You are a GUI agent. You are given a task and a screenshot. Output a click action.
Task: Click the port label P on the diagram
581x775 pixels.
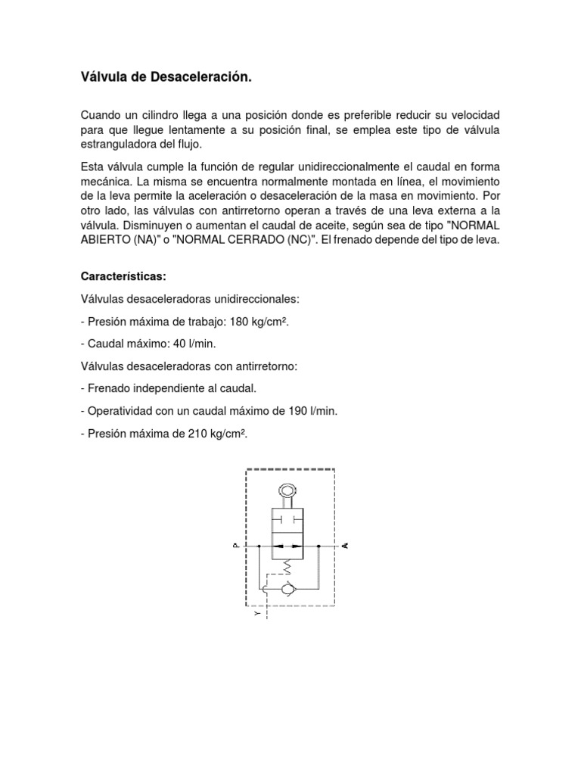236,545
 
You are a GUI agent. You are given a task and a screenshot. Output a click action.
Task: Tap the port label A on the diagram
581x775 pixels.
346,545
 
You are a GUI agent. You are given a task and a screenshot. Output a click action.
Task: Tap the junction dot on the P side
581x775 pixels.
258,545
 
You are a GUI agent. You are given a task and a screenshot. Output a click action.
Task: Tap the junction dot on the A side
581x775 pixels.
319,545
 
